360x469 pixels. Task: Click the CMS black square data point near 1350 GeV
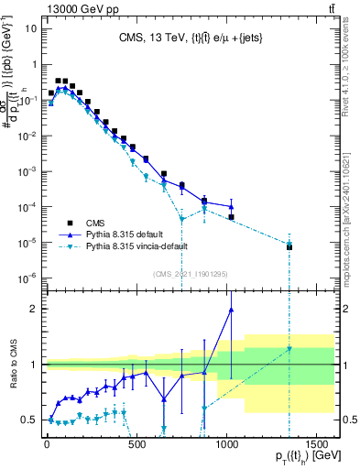(x=289, y=247)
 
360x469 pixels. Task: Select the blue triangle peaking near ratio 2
(x=231, y=309)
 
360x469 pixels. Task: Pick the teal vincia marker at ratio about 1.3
(x=289, y=348)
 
